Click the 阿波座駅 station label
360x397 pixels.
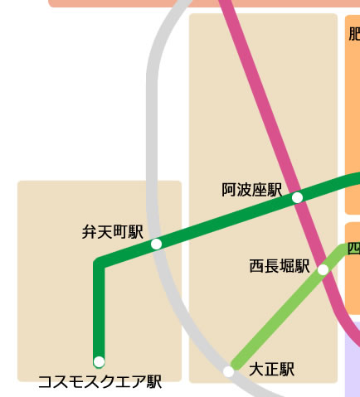[x=252, y=191]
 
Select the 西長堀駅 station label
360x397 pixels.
[x=279, y=266]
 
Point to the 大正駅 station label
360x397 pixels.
[x=271, y=370]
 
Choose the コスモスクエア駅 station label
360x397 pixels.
[x=100, y=382]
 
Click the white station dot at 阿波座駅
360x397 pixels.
[x=297, y=197]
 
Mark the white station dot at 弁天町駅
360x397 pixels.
[x=156, y=244]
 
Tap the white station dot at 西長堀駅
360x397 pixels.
[x=323, y=269]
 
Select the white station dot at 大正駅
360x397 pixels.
[x=229, y=371]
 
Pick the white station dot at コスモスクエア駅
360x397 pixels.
[x=100, y=361]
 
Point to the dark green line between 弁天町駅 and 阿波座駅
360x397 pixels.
[x=224, y=221]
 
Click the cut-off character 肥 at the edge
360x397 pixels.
[x=355, y=34]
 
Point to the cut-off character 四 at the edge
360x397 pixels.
[x=354, y=248]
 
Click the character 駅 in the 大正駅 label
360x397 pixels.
[x=286, y=370]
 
